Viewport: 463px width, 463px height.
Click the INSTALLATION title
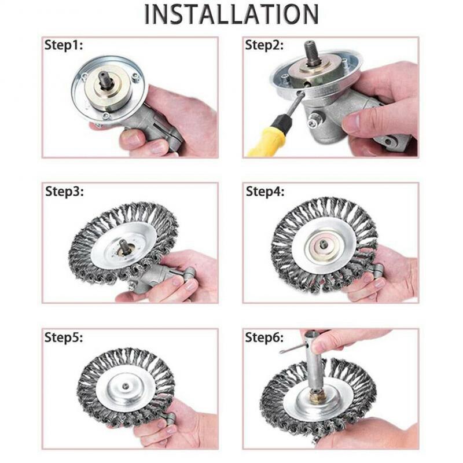[x=231, y=14]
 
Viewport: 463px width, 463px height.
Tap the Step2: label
[x=264, y=46]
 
